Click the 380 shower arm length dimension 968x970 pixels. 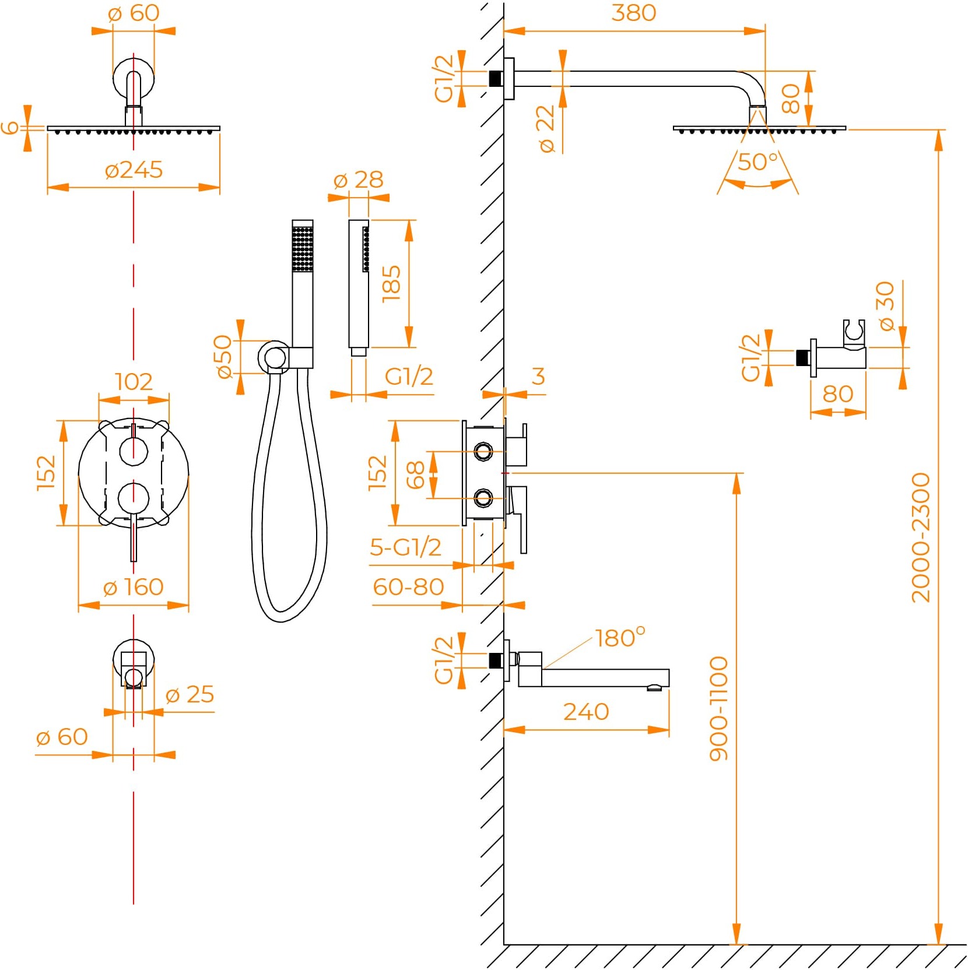tap(633, 13)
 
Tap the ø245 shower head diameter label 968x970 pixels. tap(134, 170)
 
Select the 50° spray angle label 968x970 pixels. tap(757, 162)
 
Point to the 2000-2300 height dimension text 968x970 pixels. tap(921, 537)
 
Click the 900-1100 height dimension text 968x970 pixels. tap(719, 708)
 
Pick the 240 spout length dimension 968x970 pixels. tap(585, 712)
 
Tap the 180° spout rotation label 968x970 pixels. tap(620, 638)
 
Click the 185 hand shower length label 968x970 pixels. tap(392, 284)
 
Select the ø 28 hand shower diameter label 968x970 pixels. tap(358, 180)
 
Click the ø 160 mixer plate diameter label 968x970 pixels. tap(133, 587)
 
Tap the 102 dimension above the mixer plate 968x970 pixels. tap(134, 382)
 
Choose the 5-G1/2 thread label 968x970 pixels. tap(405, 547)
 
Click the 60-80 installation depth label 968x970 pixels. tap(408, 587)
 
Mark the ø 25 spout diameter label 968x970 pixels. tap(190, 694)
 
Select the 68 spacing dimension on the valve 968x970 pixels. tap(416, 475)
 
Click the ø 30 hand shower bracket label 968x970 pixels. tap(885, 305)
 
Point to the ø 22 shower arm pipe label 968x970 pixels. tap(546, 129)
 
